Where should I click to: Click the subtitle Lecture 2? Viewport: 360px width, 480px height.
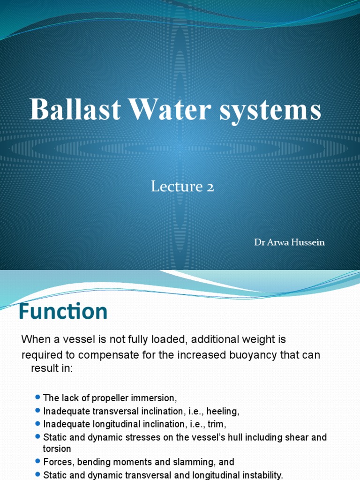[182, 187]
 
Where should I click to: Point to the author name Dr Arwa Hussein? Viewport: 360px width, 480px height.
[289, 242]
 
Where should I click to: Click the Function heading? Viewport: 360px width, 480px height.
[63, 312]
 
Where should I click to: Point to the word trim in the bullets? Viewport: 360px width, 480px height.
[217, 424]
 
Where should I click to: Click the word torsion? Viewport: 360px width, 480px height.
[57, 449]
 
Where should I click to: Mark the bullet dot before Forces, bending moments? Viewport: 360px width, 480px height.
[37, 462]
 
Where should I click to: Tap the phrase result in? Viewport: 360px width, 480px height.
[52, 368]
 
